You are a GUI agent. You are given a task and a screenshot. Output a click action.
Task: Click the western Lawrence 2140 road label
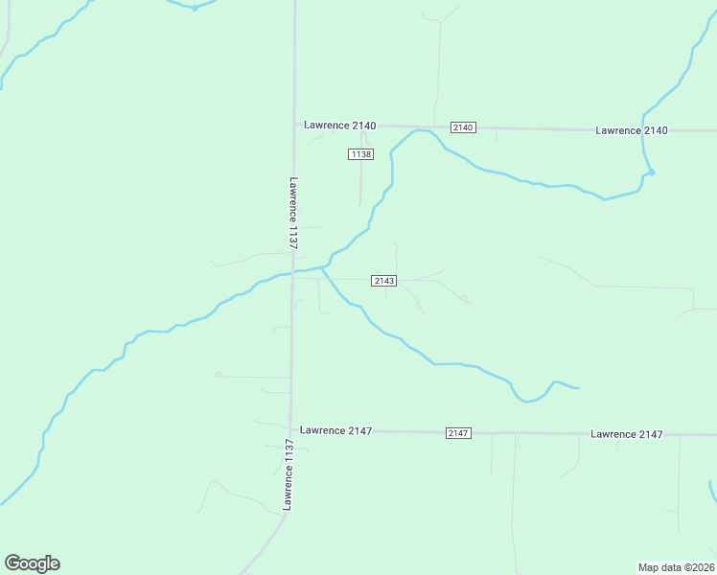tap(340, 126)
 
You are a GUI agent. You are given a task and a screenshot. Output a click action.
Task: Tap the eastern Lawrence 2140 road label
tap(631, 130)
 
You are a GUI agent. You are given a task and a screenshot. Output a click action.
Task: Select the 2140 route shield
tap(463, 127)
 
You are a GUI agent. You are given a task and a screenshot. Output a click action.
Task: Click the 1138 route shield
tap(360, 154)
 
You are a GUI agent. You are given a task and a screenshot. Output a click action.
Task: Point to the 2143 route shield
tap(384, 280)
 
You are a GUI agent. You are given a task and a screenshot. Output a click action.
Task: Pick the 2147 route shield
tap(458, 433)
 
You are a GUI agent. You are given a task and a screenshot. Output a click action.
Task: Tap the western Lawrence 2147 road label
tap(335, 430)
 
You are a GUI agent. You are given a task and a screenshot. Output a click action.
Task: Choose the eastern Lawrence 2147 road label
tap(627, 434)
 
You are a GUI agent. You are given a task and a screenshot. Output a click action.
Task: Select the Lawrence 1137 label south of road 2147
tap(287, 473)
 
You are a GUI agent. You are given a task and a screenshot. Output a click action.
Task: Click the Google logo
tap(32, 563)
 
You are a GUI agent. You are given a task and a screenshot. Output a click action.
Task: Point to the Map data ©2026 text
tap(676, 567)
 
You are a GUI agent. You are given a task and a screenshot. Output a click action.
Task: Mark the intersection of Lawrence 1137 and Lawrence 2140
tap(293, 125)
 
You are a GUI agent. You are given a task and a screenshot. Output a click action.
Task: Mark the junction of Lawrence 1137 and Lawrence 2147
tap(290, 430)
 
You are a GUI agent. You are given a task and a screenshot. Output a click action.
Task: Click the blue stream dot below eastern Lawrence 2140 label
tap(651, 172)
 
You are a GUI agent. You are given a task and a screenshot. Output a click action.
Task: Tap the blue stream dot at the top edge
tap(194, 8)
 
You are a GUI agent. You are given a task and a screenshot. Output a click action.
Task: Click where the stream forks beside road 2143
tap(321, 269)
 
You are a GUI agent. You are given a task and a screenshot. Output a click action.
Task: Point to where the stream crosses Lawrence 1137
tap(292, 273)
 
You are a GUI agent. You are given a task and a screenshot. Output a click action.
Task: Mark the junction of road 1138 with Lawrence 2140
tap(362, 126)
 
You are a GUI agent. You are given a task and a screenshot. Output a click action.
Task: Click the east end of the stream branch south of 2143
tap(578, 388)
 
